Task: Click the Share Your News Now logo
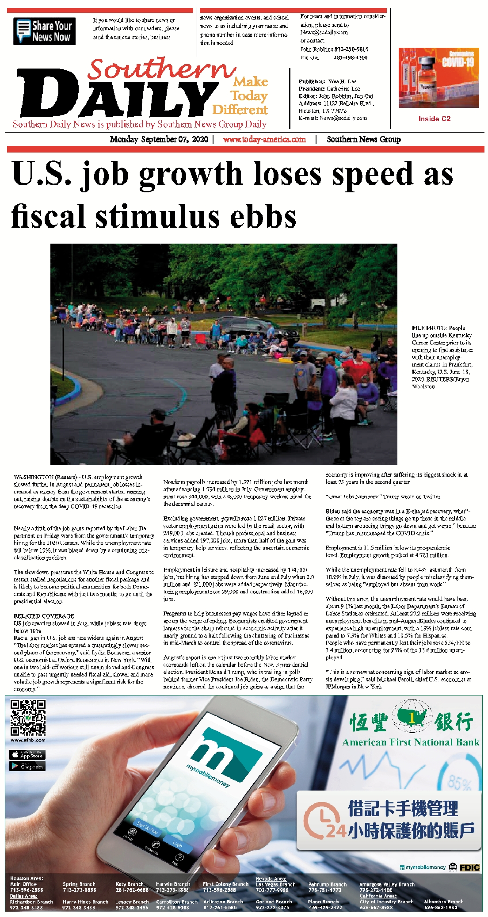point(44,31)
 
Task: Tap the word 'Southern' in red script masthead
point(161,69)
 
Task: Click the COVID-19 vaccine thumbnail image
point(438,78)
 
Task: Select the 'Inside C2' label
point(435,118)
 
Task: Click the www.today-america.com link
point(264,139)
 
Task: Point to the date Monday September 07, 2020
point(159,139)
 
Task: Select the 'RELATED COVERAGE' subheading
point(44,616)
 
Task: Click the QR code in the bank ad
point(28,717)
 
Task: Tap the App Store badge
point(27,755)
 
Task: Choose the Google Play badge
point(27,766)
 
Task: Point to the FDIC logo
point(469,867)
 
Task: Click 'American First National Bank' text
point(411,742)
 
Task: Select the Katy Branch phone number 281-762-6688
point(132,890)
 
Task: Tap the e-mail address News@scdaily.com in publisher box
point(343,118)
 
